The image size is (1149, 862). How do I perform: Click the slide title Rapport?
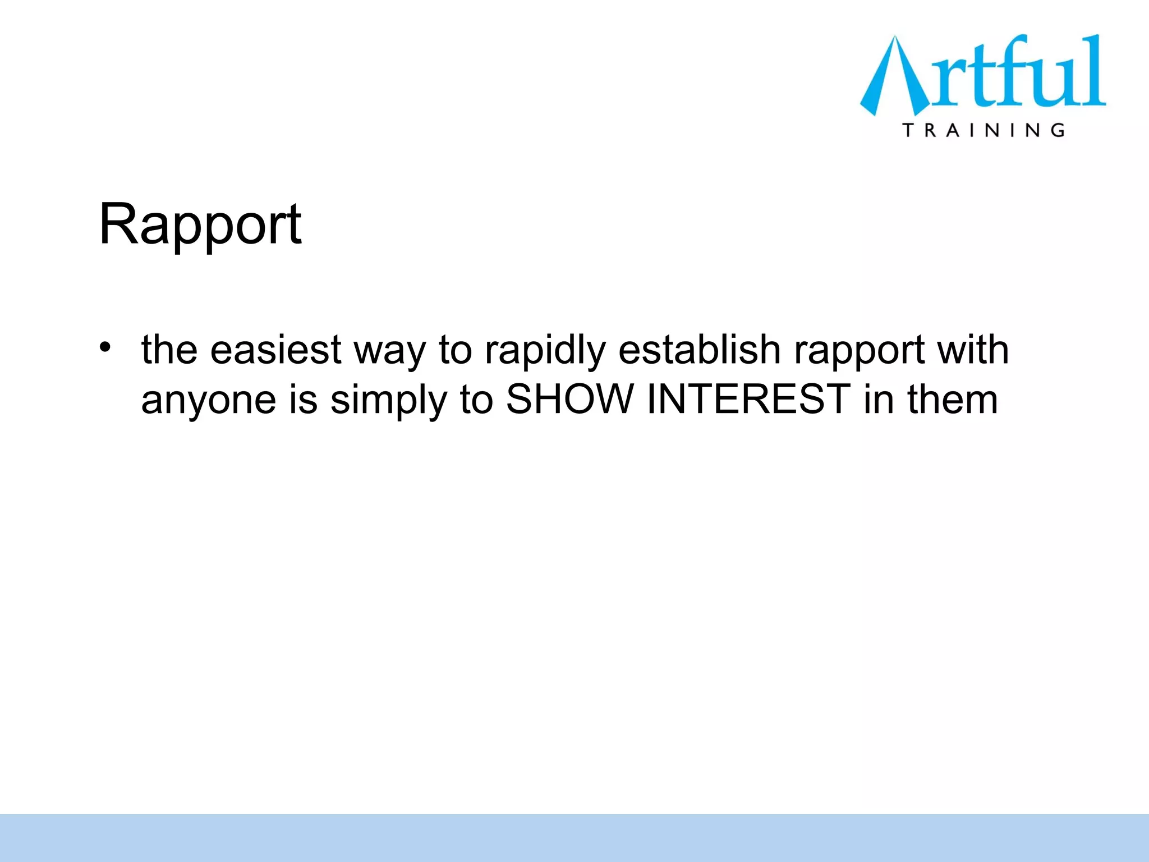pos(200,224)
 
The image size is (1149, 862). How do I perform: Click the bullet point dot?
pos(105,347)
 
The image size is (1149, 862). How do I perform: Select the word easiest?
pos(275,350)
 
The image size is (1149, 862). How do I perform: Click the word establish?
pos(700,349)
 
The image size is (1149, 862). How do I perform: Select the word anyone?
pos(209,400)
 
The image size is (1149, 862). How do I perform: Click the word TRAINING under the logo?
pos(983,130)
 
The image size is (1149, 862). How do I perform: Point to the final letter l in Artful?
pos(1095,70)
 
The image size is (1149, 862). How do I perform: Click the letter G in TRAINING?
pos(1058,130)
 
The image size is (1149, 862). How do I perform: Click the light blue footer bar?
pos(574,837)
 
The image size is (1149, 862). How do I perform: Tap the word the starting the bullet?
pos(169,350)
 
